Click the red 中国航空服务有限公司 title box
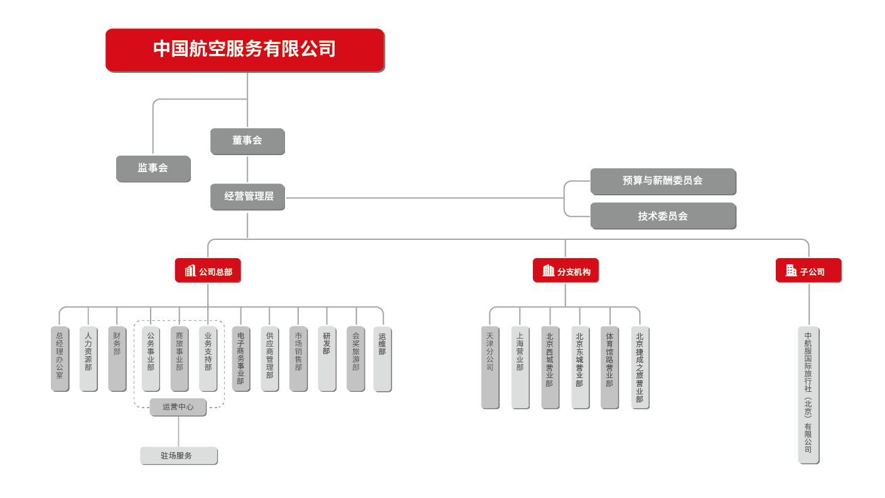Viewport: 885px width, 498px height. tap(245, 50)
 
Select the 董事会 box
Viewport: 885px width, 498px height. tap(247, 141)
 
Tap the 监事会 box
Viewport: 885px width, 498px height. tap(153, 168)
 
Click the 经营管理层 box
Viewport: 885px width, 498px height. tap(247, 197)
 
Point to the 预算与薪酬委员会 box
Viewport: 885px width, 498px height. tap(663, 181)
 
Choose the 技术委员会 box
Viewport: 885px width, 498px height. tap(663, 216)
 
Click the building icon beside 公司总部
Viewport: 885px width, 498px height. tap(190, 271)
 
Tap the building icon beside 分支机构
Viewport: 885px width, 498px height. tap(548, 271)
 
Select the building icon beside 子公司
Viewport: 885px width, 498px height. tap(791, 271)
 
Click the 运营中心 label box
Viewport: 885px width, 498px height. tap(178, 407)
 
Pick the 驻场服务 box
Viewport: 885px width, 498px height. tap(178, 456)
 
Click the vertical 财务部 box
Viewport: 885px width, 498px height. tap(117, 359)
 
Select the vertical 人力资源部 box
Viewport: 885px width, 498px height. tap(88, 359)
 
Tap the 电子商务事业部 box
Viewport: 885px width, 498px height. tap(241, 359)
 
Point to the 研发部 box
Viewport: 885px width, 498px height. tap(326, 359)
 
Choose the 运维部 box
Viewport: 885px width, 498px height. tap(382, 359)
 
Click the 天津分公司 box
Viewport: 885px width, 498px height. tap(490, 367)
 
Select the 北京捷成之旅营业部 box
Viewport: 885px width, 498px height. tap(640, 367)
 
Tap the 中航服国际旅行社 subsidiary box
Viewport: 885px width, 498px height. tap(808, 395)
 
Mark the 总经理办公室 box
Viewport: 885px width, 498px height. tap(60, 359)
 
